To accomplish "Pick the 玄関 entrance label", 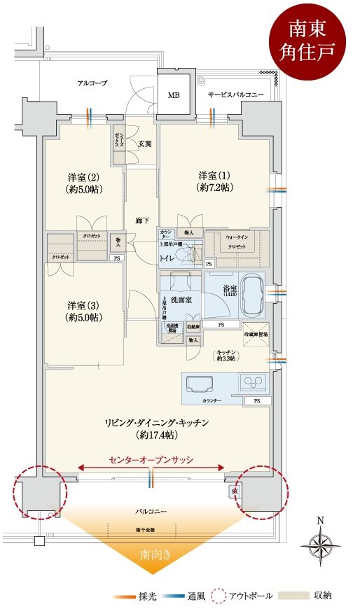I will pos(144,143).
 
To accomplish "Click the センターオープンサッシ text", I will pos(151,460).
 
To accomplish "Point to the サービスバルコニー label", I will pos(235,93).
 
